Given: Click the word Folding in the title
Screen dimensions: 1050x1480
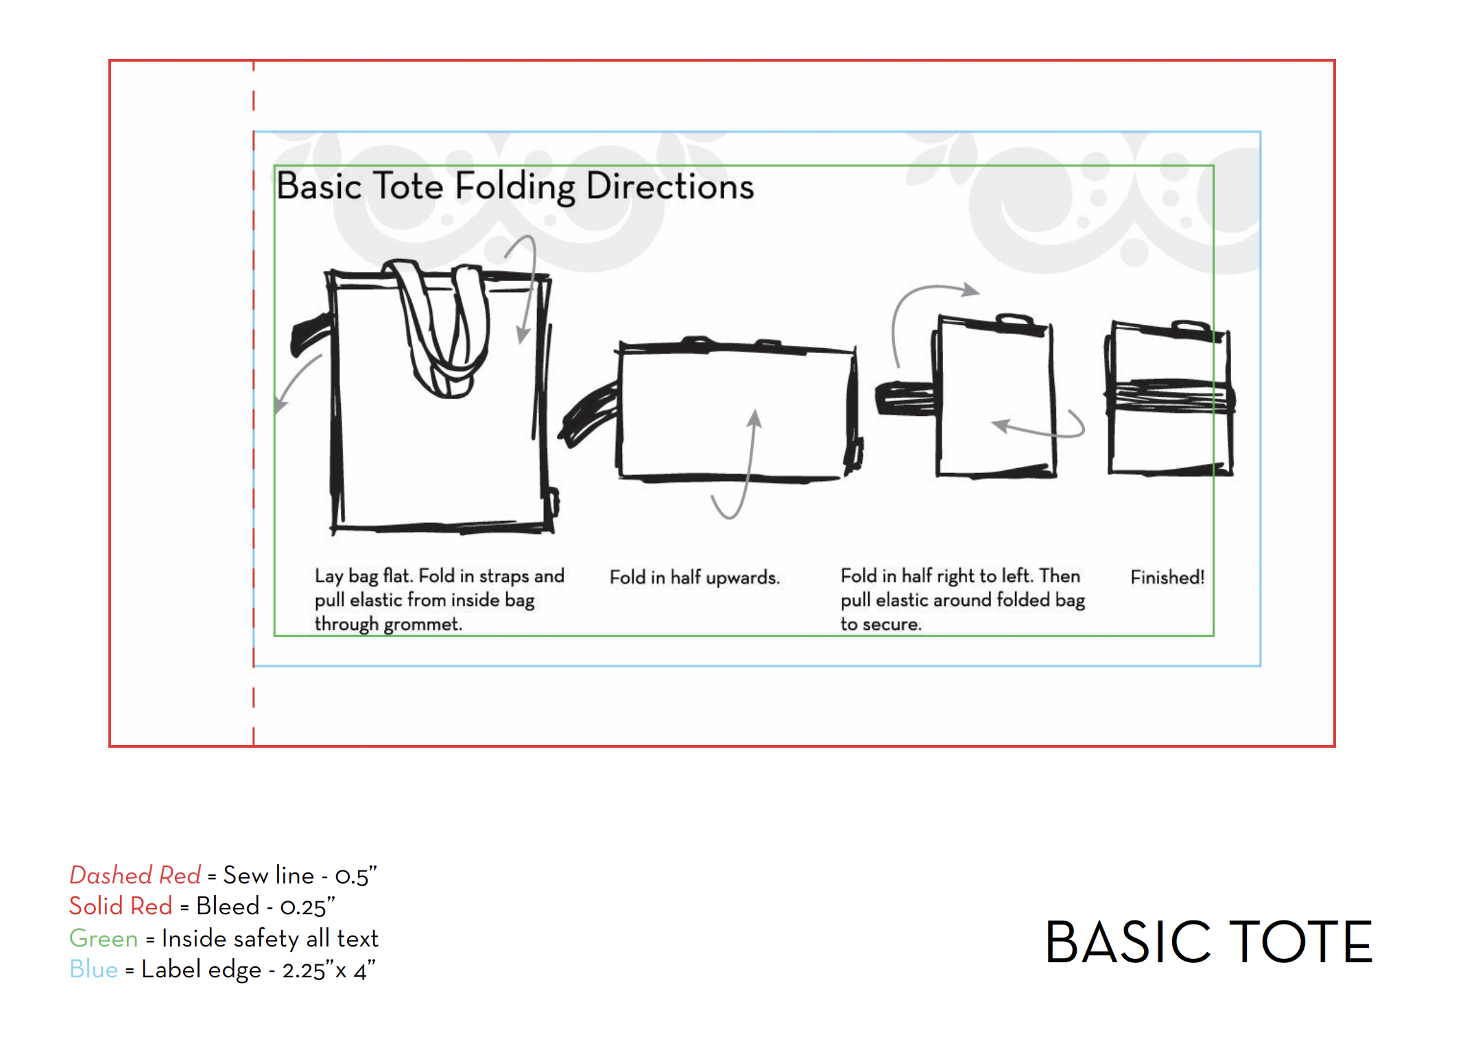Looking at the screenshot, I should click(515, 186).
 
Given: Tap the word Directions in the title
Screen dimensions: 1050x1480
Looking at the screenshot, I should click(670, 186).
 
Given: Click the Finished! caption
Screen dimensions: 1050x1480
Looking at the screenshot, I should click(1167, 578).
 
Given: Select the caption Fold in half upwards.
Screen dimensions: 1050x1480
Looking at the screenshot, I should click(694, 578).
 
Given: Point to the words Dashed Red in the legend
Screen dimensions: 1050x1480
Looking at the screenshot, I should click(135, 875).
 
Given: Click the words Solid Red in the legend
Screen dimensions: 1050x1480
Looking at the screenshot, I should click(121, 906).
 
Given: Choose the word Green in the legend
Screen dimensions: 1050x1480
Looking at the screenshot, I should click(104, 938).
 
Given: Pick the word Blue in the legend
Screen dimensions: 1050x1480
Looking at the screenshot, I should click(93, 969).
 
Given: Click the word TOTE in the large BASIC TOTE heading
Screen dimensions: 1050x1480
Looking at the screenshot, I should click(1300, 943).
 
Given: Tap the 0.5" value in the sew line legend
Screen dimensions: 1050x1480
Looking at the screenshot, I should click(356, 877).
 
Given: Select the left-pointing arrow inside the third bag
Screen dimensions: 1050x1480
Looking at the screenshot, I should click(1036, 428).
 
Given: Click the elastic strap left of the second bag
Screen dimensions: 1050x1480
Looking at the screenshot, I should click(588, 415).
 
